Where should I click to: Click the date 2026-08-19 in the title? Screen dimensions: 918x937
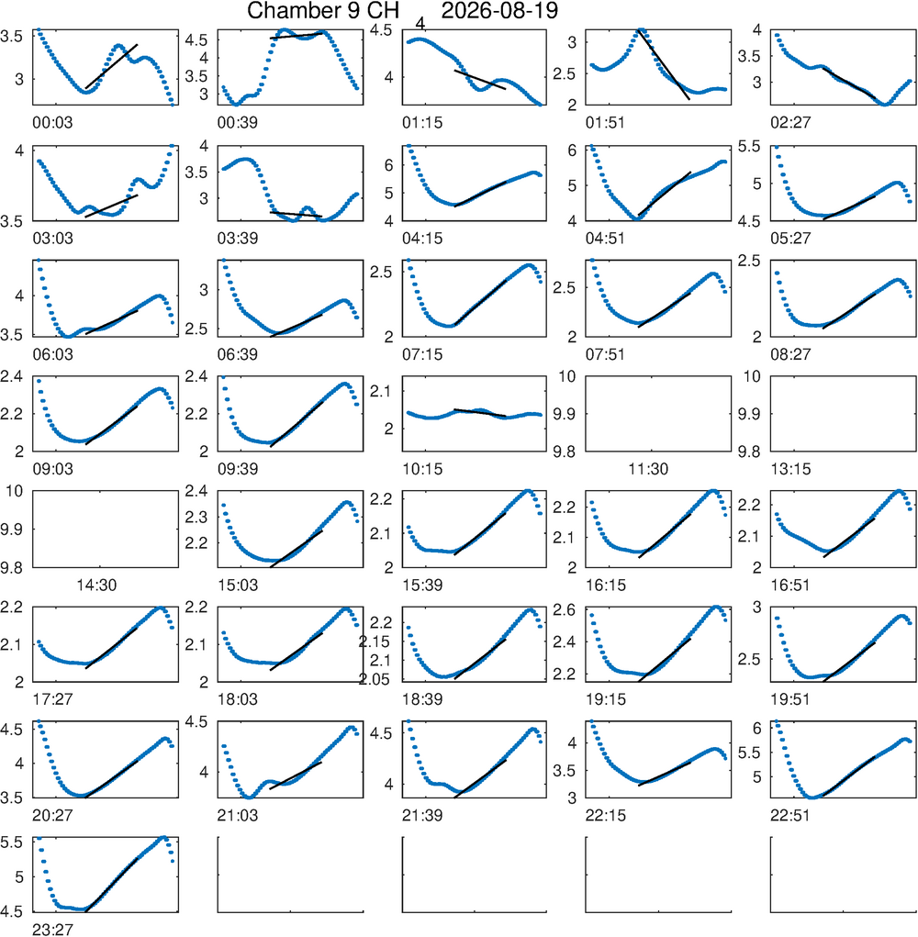click(x=499, y=11)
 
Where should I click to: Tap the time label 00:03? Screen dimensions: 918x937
click(x=52, y=122)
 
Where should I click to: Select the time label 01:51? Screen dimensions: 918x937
click(x=606, y=122)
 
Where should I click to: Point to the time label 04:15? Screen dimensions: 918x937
click(x=422, y=239)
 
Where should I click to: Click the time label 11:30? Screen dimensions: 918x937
click(x=648, y=469)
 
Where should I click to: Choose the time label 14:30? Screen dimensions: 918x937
click(x=96, y=585)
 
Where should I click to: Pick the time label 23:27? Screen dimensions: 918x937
click(x=52, y=930)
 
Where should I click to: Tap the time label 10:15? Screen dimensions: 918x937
click(x=422, y=469)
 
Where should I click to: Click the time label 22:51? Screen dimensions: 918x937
click(x=790, y=815)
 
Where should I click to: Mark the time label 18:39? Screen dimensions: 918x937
click(x=422, y=699)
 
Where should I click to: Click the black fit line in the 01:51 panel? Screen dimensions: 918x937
click(x=664, y=64)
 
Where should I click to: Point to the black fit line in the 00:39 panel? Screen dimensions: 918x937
click(x=297, y=36)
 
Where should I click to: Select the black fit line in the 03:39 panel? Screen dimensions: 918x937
click(x=297, y=214)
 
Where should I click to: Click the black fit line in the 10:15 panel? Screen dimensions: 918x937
click(x=480, y=412)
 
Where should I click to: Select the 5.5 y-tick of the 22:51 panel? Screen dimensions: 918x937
click(x=749, y=753)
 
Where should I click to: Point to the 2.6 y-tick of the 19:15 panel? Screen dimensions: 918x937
click(x=565, y=610)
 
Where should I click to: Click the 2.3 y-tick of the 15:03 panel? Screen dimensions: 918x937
click(x=196, y=517)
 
